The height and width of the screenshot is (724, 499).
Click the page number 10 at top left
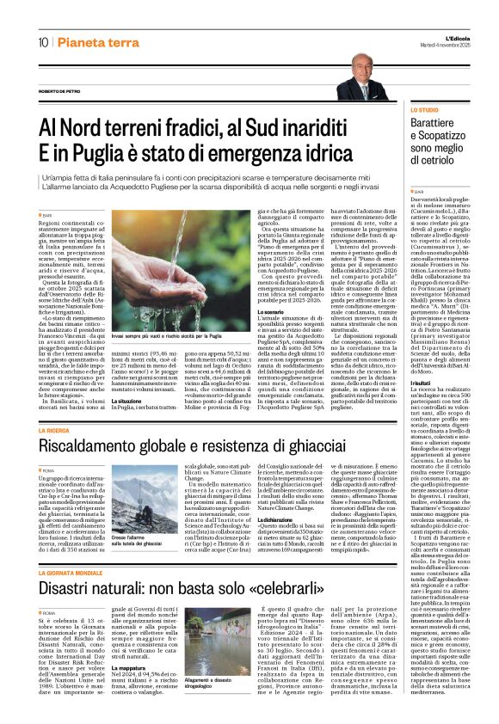[42, 43]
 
